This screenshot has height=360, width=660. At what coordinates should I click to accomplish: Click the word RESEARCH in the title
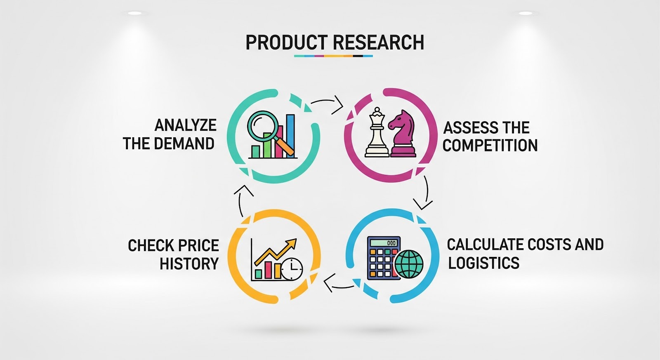click(378, 42)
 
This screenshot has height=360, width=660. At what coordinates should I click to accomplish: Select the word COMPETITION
click(490, 145)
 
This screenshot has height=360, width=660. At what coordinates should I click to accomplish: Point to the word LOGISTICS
click(483, 263)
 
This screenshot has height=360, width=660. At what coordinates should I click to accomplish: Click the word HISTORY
click(189, 264)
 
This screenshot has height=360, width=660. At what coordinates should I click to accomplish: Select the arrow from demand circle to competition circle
click(328, 104)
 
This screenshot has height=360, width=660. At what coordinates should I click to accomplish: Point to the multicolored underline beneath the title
click(333, 56)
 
